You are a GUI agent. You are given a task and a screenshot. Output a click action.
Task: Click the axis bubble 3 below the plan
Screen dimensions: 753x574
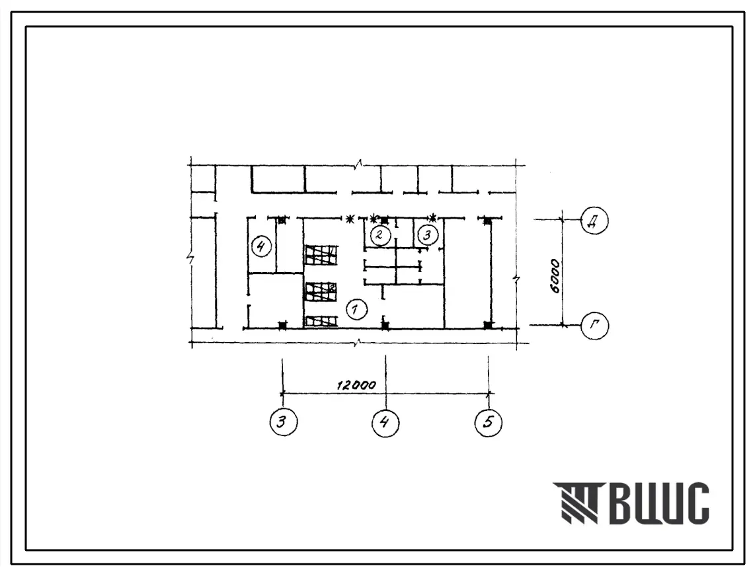pyautogui.click(x=284, y=422)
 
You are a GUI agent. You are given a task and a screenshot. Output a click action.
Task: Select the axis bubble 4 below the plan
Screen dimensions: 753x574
pyautogui.click(x=385, y=422)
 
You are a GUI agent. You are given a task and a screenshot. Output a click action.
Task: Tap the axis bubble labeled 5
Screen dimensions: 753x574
pyautogui.click(x=489, y=422)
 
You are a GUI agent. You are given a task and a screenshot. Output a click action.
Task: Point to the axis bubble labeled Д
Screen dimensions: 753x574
pyautogui.click(x=594, y=221)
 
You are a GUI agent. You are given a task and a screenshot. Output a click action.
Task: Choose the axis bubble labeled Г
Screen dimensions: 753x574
pyautogui.click(x=594, y=326)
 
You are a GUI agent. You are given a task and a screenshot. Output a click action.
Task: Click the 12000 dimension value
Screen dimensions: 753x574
pyautogui.click(x=356, y=385)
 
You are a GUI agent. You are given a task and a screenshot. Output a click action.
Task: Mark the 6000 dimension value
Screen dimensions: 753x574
pyautogui.click(x=555, y=276)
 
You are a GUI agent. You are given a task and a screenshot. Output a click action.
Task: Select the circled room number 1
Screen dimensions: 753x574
pyautogui.click(x=356, y=309)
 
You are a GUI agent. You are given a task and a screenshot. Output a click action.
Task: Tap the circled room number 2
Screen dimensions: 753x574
pyautogui.click(x=380, y=235)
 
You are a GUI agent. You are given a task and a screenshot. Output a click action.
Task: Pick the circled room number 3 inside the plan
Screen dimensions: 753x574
pyautogui.click(x=427, y=235)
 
